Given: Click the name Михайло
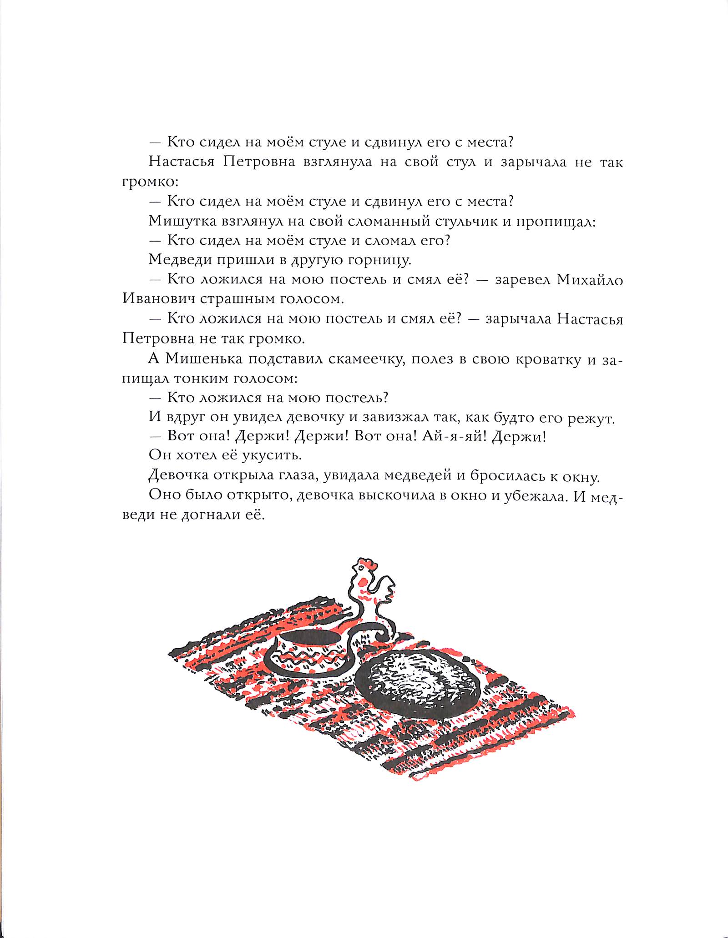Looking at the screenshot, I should tap(590, 279).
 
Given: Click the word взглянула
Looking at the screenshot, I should tap(337, 162).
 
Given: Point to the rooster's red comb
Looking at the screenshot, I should tap(367, 565).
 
